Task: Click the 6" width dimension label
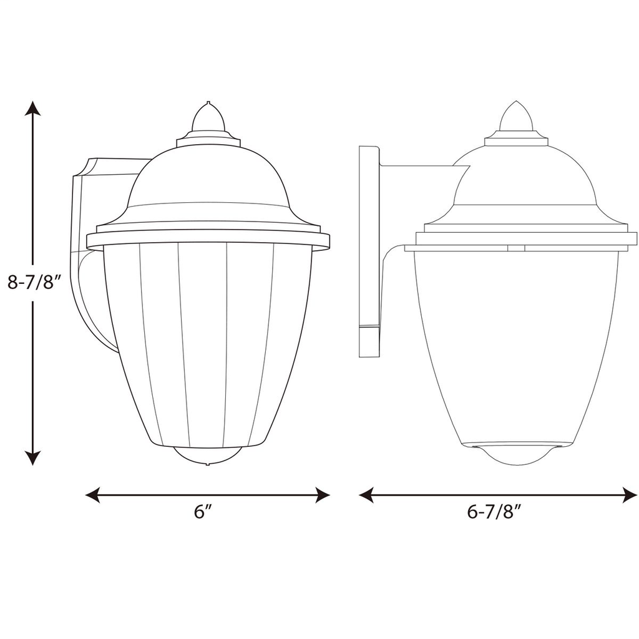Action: pos(203,512)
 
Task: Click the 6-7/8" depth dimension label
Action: pos(494,512)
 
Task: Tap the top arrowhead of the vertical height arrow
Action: pos(32,109)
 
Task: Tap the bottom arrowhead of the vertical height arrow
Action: pos(32,457)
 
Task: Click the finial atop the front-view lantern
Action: pos(208,119)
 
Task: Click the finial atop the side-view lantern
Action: pos(516,117)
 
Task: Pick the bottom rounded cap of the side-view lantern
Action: pos(516,454)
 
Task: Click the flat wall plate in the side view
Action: pos(369,250)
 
